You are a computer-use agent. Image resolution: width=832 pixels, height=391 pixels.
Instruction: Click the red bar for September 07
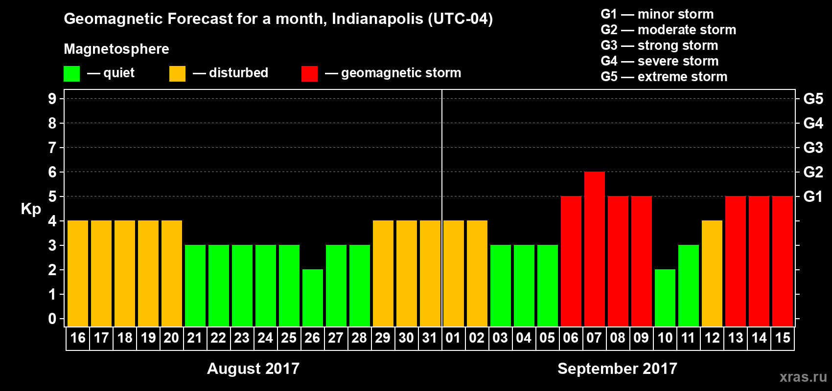click(x=595, y=249)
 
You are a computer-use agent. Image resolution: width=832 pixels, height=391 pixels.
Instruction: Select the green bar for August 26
click(x=313, y=298)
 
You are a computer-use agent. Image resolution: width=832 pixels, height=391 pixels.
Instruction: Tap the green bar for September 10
click(x=665, y=298)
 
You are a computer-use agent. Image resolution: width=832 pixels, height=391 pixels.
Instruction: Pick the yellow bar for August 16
click(x=78, y=274)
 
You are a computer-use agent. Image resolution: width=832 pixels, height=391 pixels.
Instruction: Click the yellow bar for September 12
click(x=712, y=274)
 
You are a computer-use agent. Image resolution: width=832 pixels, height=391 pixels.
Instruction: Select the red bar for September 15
click(x=783, y=261)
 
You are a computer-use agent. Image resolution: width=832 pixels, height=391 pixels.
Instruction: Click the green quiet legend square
click(x=71, y=74)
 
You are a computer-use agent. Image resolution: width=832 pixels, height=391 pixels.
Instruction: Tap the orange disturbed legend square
click(x=177, y=74)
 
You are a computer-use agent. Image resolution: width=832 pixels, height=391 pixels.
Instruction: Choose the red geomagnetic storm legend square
click(x=309, y=74)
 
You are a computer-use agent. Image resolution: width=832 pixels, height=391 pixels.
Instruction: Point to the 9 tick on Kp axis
click(x=52, y=99)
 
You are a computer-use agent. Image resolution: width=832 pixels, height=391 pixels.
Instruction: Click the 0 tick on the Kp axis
click(x=52, y=319)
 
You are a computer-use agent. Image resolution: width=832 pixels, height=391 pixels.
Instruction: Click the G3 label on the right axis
click(x=813, y=148)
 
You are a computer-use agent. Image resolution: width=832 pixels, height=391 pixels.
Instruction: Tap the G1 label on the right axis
click(x=813, y=196)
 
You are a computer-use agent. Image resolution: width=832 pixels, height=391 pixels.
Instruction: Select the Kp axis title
click(x=31, y=209)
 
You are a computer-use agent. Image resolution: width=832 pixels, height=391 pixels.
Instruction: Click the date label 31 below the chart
click(x=430, y=338)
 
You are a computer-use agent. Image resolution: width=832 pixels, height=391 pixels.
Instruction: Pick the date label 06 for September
click(x=571, y=338)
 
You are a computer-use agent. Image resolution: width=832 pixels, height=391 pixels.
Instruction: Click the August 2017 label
click(x=253, y=369)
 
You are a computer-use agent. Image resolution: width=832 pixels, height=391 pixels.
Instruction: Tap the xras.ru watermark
click(x=803, y=377)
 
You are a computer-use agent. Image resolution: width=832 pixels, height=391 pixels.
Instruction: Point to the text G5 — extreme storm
click(x=664, y=77)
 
